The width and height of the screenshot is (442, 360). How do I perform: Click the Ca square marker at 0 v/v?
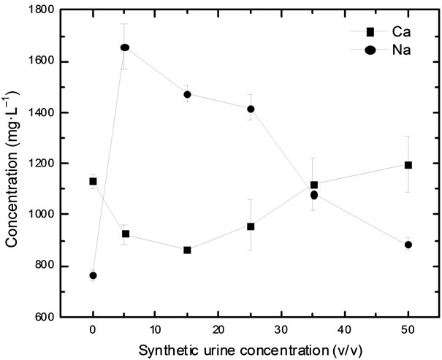(x=93, y=181)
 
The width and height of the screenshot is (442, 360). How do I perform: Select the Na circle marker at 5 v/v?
(x=124, y=47)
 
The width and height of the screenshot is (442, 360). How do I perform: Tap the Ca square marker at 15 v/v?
(x=188, y=250)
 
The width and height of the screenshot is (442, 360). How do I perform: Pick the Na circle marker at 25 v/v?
(x=251, y=109)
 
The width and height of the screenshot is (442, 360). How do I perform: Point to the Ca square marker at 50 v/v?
(x=408, y=165)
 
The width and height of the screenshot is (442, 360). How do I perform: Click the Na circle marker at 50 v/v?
(x=408, y=245)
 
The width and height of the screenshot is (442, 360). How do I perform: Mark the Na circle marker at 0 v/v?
(x=93, y=275)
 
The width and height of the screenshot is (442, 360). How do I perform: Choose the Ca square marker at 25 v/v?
(x=251, y=226)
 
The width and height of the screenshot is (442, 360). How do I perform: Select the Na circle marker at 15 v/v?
(x=188, y=94)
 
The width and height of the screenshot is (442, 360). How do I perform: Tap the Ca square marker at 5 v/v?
(x=125, y=234)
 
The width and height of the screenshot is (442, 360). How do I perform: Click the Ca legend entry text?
(x=400, y=31)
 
